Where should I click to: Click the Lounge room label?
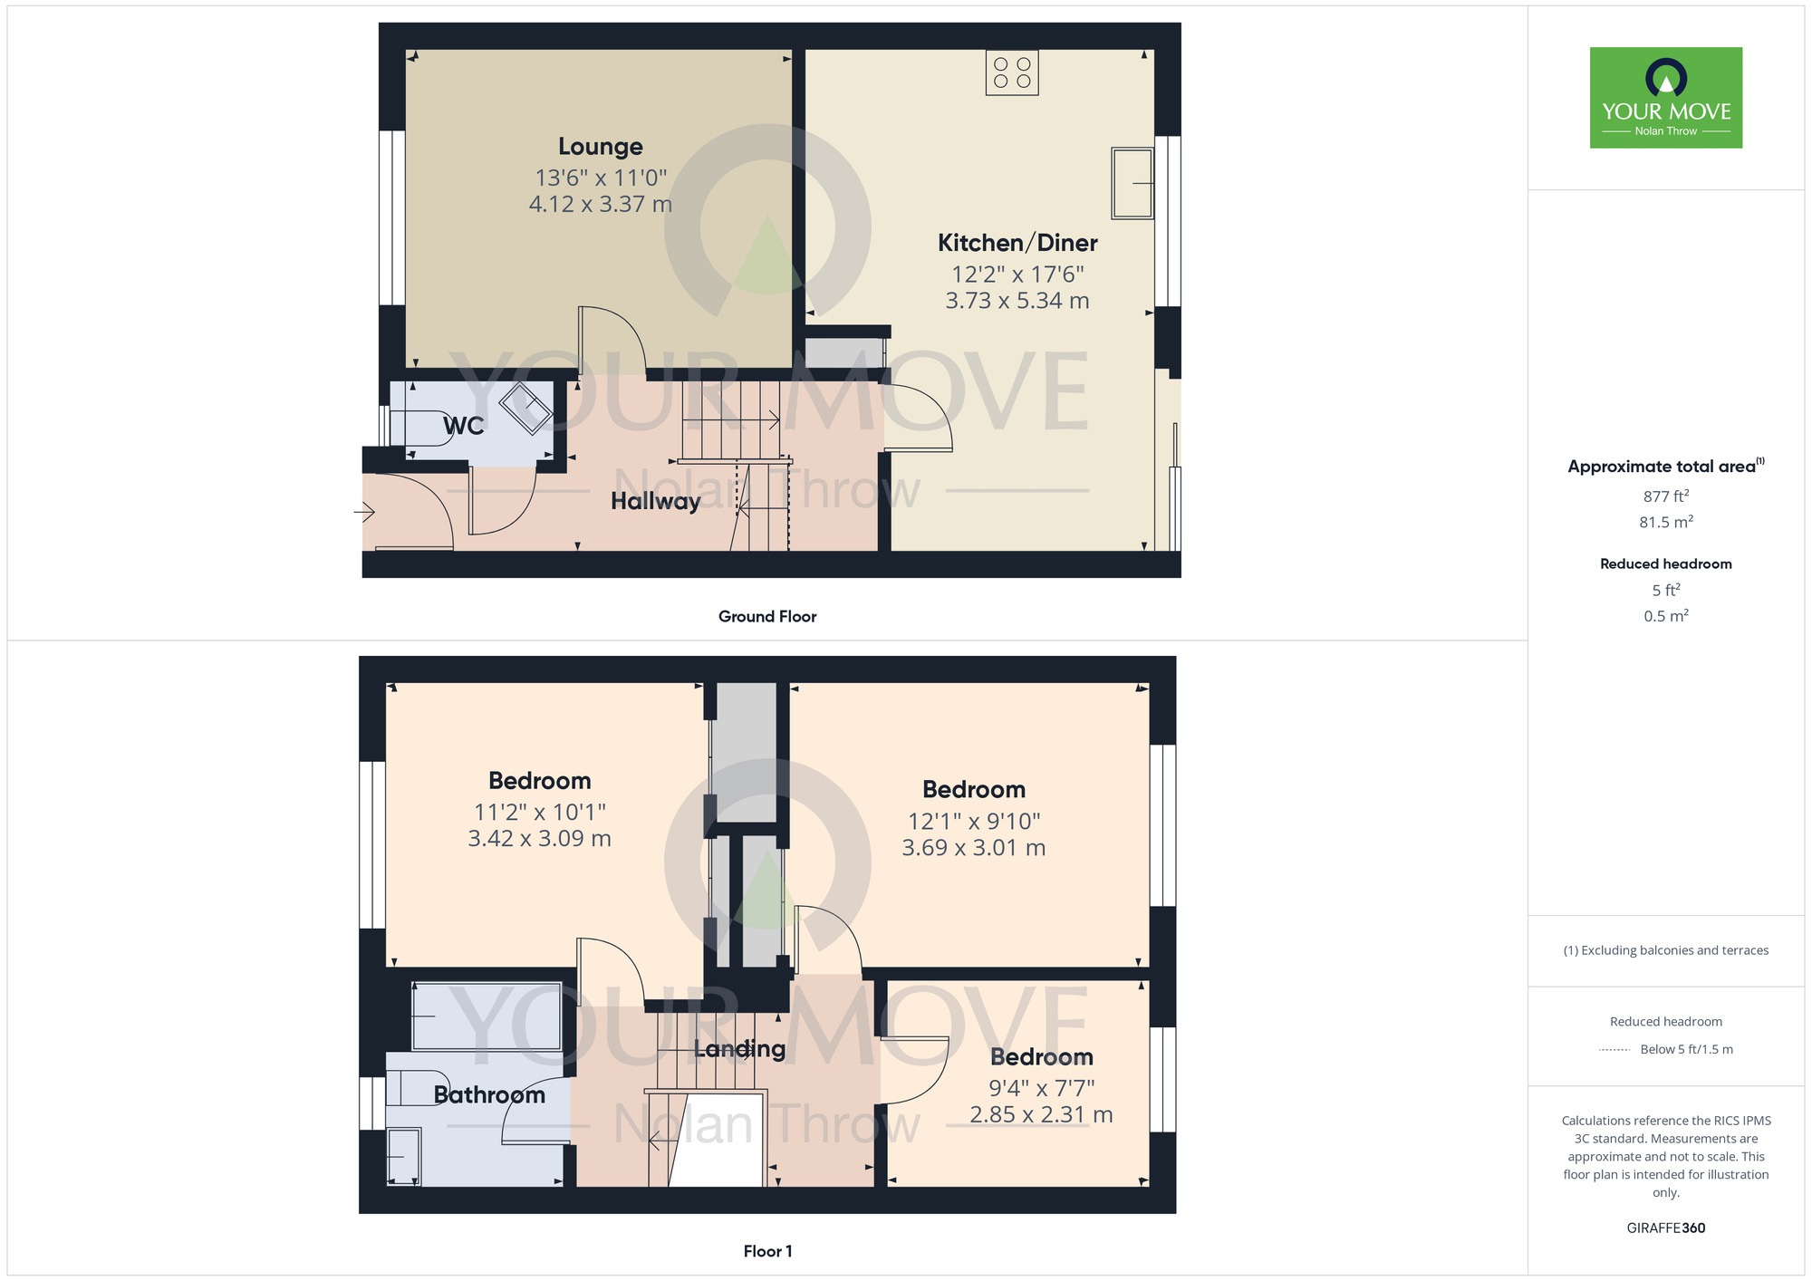click(600, 147)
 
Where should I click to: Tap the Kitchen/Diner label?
click(1017, 243)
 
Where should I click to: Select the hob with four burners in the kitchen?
click(1012, 72)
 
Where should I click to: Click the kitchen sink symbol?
click(1132, 184)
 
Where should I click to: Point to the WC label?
click(463, 426)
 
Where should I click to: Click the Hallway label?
click(655, 501)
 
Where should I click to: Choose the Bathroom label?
click(489, 1094)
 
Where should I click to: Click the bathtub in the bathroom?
click(487, 1016)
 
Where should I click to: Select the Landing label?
click(739, 1049)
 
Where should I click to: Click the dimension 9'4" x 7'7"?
click(1041, 1087)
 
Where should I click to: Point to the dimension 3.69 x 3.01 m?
click(973, 848)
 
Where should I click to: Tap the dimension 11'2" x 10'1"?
click(539, 812)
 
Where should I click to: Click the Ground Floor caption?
click(766, 617)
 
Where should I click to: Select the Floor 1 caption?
click(766, 1251)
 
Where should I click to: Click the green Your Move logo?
click(1665, 98)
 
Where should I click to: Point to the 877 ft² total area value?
click(1665, 496)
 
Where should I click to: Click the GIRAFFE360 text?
click(1665, 1228)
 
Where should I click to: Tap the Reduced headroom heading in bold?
click(1665, 563)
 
